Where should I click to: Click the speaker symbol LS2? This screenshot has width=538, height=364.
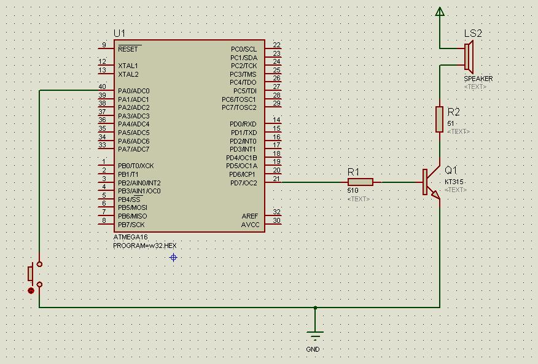468,57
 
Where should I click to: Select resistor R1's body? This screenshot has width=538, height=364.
361,182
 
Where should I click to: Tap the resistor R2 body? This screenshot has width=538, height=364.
440,119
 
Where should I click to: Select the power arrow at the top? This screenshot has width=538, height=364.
440,10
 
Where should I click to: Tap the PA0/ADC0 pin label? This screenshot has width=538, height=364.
134,91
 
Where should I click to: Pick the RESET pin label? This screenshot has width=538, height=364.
128,49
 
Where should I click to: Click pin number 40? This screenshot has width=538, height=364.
102,87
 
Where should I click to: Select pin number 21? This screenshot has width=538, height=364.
276,179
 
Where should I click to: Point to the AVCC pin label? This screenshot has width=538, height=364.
251,225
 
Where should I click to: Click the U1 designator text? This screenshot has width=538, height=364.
119,33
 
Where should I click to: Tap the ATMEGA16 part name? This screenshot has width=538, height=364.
130,237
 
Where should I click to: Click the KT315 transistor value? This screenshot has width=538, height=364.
454,182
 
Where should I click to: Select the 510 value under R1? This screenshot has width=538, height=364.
353,191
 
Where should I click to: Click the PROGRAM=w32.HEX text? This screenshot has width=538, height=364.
145,245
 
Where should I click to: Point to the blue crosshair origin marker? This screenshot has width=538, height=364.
173,258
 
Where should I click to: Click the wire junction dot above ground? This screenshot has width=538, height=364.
315,308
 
